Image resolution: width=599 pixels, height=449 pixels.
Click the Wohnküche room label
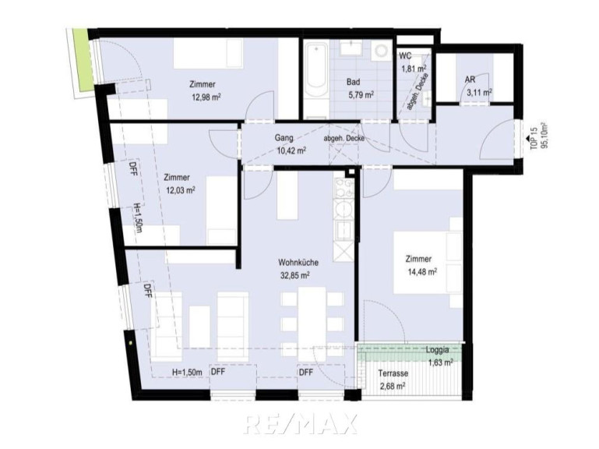point(298,263)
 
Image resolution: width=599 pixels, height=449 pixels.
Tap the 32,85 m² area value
point(294,275)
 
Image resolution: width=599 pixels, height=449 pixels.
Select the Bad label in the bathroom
point(354,82)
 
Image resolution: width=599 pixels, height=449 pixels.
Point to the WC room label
point(405,56)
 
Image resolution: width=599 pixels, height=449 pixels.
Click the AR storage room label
point(470,80)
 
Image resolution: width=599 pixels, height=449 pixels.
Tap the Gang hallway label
point(284,138)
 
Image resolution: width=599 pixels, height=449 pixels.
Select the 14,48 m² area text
point(421,272)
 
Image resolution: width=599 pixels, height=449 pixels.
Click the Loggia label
point(438,349)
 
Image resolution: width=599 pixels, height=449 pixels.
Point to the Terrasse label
point(393,373)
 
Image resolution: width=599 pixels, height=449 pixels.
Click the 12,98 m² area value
point(206,97)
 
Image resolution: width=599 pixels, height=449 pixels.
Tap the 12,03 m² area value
point(181,190)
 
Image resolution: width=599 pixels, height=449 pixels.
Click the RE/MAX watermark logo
point(300,424)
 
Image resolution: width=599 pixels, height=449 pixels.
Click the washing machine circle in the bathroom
point(381,51)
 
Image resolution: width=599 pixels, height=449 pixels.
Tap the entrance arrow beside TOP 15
point(527,139)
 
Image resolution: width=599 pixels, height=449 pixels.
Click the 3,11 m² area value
point(479,93)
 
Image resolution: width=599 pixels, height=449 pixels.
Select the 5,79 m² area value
point(360,94)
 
